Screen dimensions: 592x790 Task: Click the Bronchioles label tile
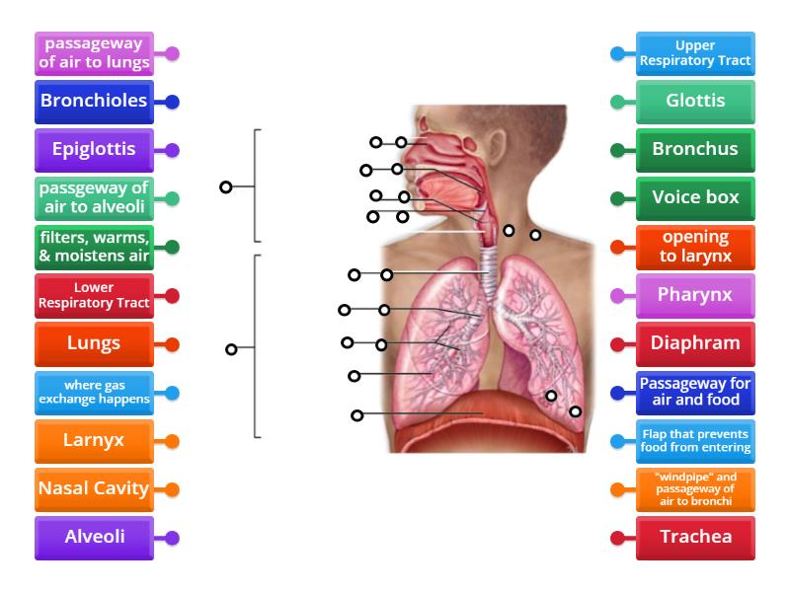click(x=94, y=101)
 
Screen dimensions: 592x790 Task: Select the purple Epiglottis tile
click(x=94, y=150)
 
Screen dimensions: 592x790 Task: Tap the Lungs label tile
click(x=94, y=343)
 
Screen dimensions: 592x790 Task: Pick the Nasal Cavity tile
click(x=94, y=488)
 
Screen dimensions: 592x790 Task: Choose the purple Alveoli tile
click(x=94, y=538)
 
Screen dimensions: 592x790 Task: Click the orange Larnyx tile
click(x=94, y=440)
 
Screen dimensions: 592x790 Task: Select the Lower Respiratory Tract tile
click(x=94, y=295)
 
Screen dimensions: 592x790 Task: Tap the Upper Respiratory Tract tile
click(x=695, y=53)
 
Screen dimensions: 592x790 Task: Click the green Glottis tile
click(x=695, y=101)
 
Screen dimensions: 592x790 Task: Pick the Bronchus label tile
click(x=695, y=150)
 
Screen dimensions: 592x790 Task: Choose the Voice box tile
click(x=695, y=197)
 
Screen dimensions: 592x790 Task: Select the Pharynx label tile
click(x=695, y=295)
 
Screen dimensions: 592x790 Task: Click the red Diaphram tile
click(x=695, y=343)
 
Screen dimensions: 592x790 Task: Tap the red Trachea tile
click(x=695, y=538)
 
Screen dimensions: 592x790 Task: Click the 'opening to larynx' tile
click(x=695, y=247)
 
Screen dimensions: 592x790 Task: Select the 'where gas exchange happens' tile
click(x=94, y=392)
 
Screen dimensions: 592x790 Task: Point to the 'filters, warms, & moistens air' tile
click(x=94, y=247)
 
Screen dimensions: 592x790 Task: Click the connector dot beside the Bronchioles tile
click(x=173, y=102)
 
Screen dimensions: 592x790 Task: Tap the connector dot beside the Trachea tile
click(x=617, y=539)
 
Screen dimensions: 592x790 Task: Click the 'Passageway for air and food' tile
click(x=695, y=392)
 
